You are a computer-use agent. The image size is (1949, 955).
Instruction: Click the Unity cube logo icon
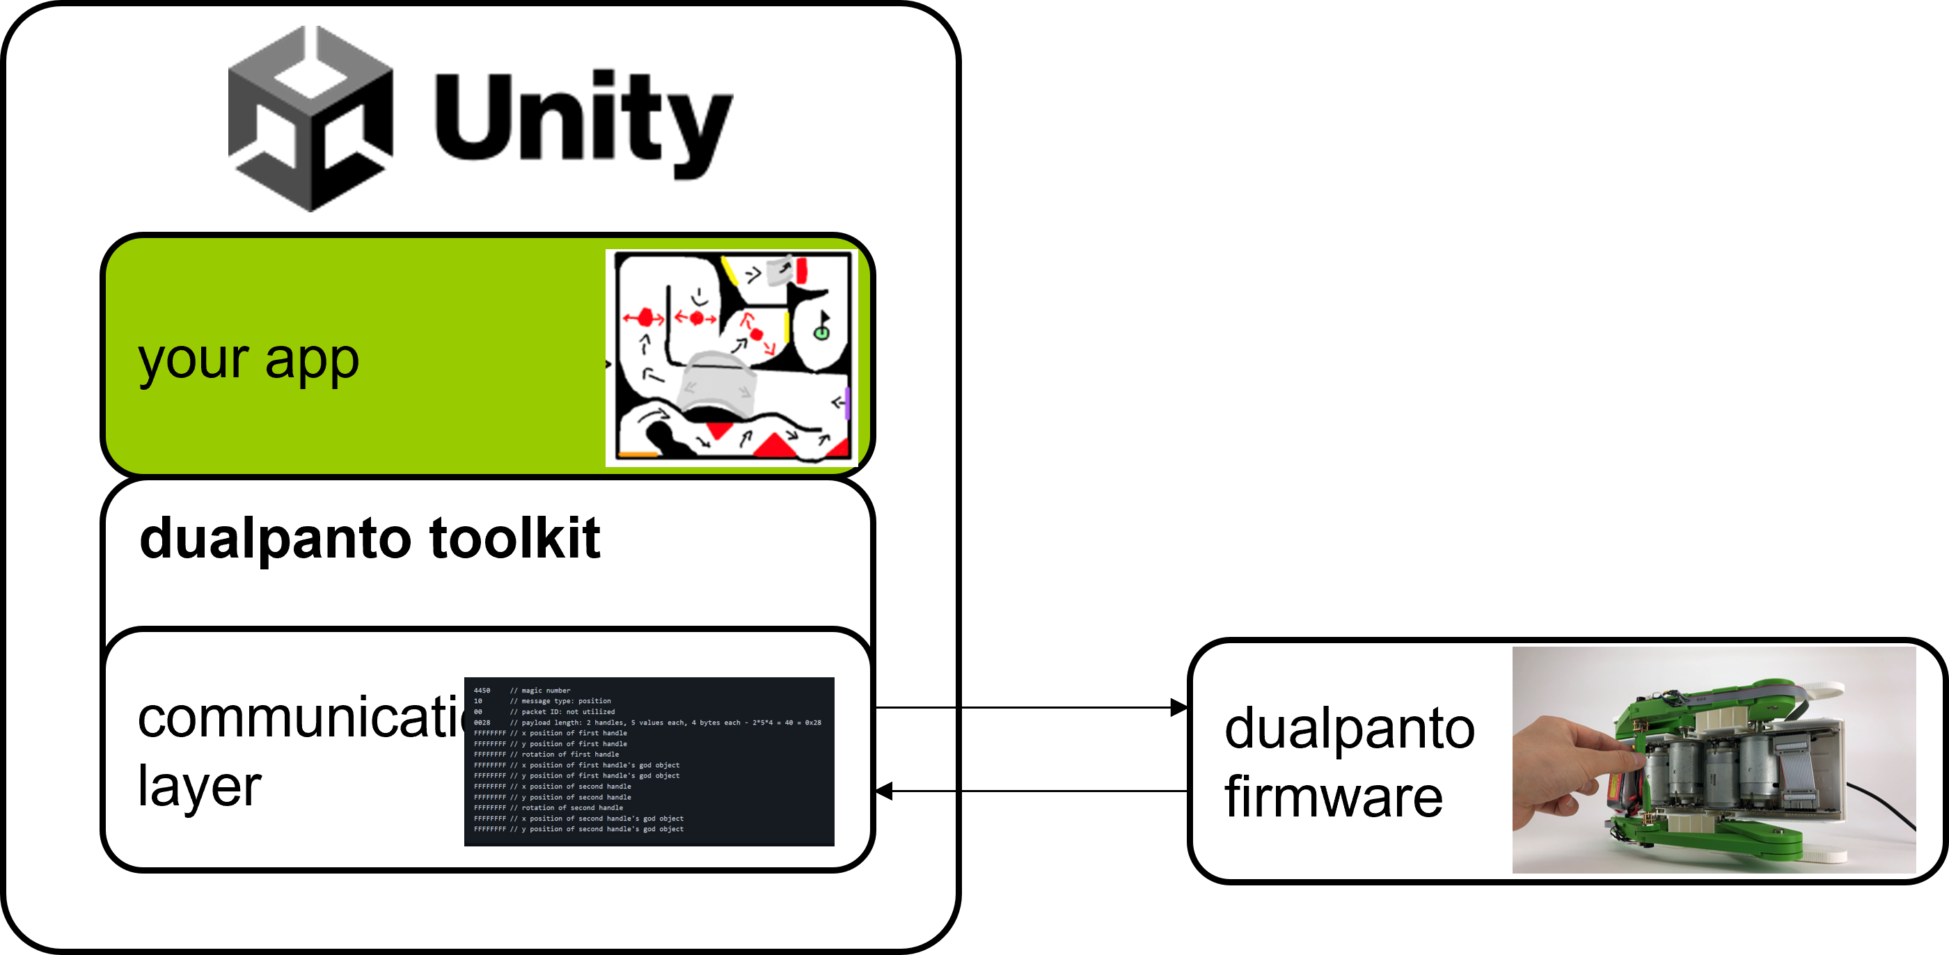pyautogui.click(x=310, y=119)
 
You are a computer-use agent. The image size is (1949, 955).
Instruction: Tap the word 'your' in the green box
pyautogui.click(x=194, y=361)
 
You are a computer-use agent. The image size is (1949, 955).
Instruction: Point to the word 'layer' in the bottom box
pyautogui.click(x=199, y=787)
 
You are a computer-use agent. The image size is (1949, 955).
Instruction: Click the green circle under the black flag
pyautogui.click(x=821, y=333)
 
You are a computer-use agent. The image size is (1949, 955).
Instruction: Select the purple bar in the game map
pyautogui.click(x=847, y=402)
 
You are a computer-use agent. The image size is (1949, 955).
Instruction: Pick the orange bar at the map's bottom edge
pyautogui.click(x=638, y=455)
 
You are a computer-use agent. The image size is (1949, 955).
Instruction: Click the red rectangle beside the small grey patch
pyautogui.click(x=801, y=270)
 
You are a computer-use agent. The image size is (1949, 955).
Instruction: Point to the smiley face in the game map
pyautogui.click(x=700, y=297)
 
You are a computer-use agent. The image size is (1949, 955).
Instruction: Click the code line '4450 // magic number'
pyautogui.click(x=522, y=690)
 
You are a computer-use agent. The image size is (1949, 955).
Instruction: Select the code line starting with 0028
pyautogui.click(x=647, y=723)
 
